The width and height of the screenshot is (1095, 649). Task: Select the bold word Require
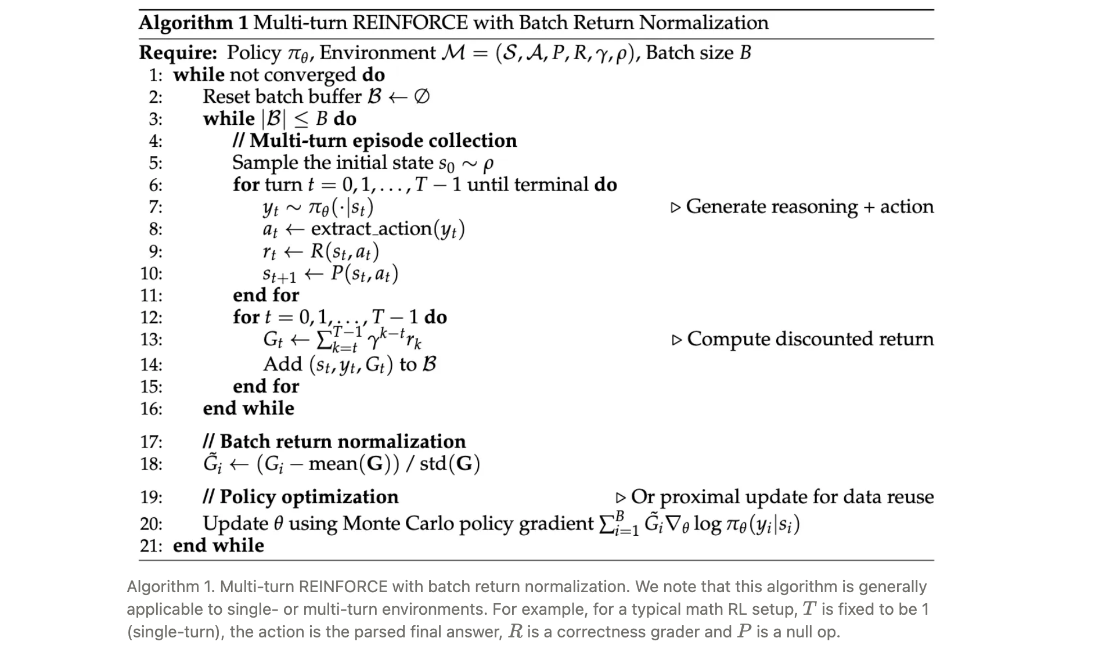coord(178,53)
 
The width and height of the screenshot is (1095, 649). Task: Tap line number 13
coord(152,339)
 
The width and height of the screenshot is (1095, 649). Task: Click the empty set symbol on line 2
coord(422,96)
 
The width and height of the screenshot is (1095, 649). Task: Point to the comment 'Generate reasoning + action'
coord(809,207)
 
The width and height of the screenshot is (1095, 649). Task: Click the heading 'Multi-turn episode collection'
coord(383,140)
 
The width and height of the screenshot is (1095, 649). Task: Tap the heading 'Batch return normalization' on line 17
coord(343,442)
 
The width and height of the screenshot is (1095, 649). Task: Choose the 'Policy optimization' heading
coord(309,497)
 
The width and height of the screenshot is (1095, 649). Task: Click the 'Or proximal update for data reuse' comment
coord(781,497)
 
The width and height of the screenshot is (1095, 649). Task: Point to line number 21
coord(152,546)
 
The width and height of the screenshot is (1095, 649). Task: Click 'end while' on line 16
coord(248,408)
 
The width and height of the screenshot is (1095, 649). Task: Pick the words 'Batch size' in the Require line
coord(690,53)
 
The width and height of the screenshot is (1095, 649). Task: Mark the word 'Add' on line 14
coord(283,365)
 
